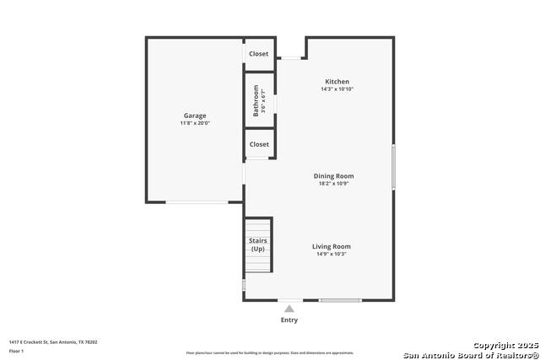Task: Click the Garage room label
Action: (195, 116)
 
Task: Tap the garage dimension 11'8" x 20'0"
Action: (195, 123)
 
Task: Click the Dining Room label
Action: (332, 175)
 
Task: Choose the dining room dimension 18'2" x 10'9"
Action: (332, 183)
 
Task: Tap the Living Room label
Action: (332, 246)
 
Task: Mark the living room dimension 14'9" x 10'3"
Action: (332, 254)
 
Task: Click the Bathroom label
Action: (256, 101)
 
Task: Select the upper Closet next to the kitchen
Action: (259, 54)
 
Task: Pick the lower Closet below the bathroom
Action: (259, 144)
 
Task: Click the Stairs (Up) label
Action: (257, 245)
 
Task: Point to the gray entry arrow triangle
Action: (289, 309)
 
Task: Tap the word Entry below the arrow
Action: (289, 320)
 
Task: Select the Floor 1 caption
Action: (17, 351)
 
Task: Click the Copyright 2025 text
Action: (504, 346)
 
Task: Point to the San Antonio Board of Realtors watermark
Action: (471, 354)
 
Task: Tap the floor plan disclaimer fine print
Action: (270, 353)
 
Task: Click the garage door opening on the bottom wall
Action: (197, 201)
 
